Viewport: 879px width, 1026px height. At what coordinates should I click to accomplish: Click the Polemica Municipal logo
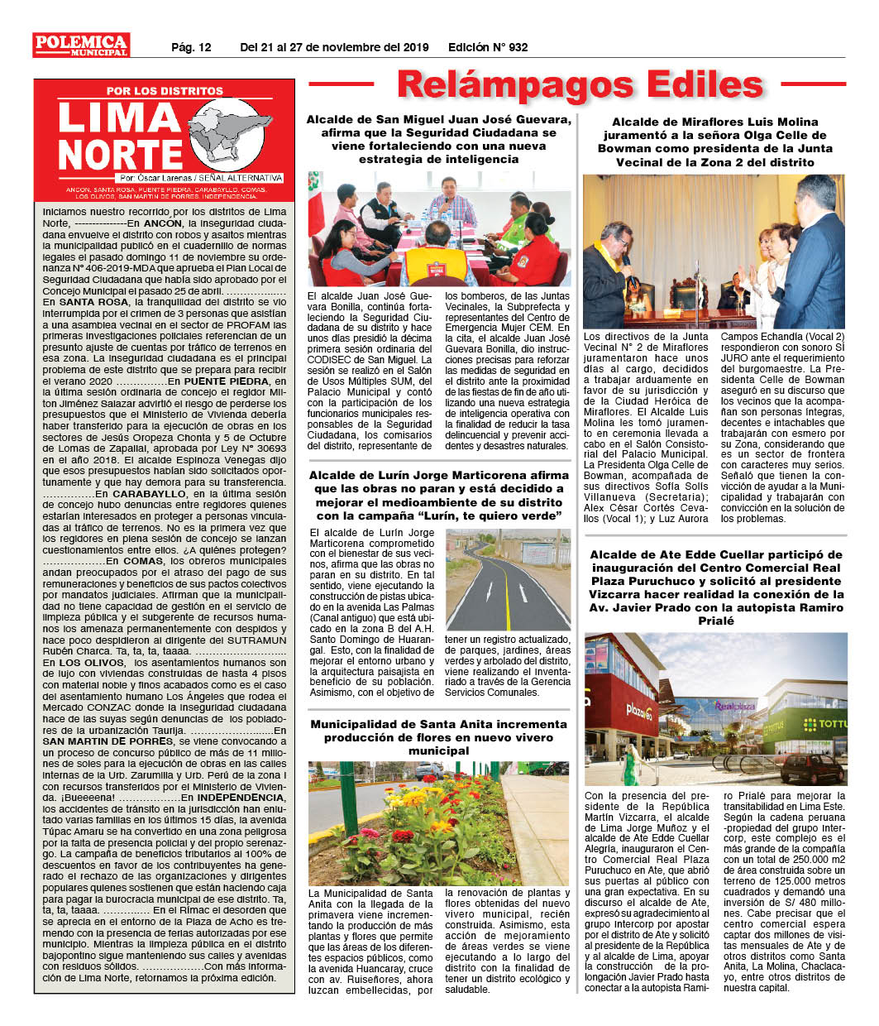point(81,45)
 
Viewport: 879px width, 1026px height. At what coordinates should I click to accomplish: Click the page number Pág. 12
point(191,47)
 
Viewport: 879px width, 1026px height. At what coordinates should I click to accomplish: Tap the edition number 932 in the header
point(518,47)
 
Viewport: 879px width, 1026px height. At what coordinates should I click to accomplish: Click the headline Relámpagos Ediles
point(579,84)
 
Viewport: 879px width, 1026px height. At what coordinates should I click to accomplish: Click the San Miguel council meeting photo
point(438,228)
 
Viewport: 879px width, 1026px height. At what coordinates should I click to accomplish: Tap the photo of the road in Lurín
point(508,579)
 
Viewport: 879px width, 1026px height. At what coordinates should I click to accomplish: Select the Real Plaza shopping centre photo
point(715,709)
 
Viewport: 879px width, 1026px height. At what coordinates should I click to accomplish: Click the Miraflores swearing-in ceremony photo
point(714,252)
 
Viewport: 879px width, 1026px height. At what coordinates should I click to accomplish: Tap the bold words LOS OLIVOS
point(81,663)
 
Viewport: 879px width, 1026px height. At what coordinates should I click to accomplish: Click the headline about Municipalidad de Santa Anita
point(438,736)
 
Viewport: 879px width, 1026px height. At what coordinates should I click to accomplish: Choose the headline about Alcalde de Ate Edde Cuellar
point(716,587)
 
